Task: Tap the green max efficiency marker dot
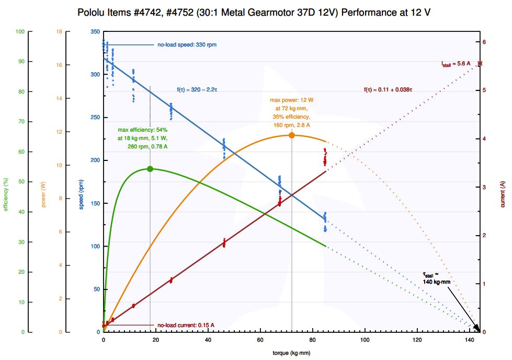pyautogui.click(x=150, y=169)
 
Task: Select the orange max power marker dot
pyautogui.click(x=292, y=135)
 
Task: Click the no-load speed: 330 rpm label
pyautogui.click(x=187, y=45)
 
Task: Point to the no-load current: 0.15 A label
pyautogui.click(x=186, y=325)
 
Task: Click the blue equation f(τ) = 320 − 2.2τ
pyautogui.click(x=197, y=90)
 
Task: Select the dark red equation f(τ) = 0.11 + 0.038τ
pyautogui.click(x=388, y=90)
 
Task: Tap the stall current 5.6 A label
pyautogui.click(x=456, y=64)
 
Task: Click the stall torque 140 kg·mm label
pyautogui.click(x=436, y=278)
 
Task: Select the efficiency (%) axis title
pyautogui.click(x=7, y=194)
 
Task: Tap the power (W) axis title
pyautogui.click(x=44, y=194)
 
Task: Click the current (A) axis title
pyautogui.click(x=503, y=194)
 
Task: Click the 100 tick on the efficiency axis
pyautogui.click(x=20, y=32)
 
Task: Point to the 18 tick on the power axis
pyautogui.click(x=59, y=32)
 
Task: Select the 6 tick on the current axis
pyautogui.click(x=484, y=42)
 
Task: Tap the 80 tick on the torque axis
pyautogui.click(x=313, y=340)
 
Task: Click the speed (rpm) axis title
pyautogui.click(x=82, y=194)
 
